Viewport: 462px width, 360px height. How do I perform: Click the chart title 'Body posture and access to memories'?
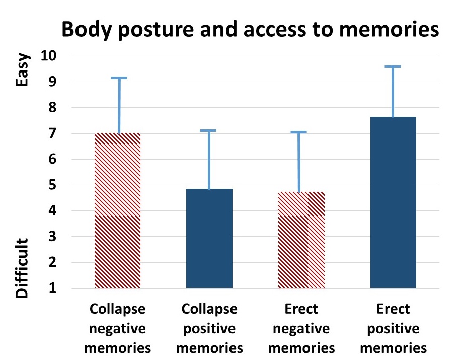point(250,30)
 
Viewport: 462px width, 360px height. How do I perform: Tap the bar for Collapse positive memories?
point(209,239)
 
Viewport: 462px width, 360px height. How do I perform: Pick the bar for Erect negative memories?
point(301,240)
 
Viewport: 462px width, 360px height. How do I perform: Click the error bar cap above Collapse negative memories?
point(119,78)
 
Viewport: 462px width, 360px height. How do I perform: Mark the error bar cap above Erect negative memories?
point(298,132)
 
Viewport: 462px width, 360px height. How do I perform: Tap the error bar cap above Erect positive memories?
point(393,66)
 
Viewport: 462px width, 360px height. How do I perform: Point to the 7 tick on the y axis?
point(53,133)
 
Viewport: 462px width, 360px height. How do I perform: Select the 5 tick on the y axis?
point(53,185)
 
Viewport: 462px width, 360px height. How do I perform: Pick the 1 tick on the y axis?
point(53,289)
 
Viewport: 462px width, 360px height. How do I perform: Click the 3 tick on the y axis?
point(53,237)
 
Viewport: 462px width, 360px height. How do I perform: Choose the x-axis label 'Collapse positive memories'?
point(209,328)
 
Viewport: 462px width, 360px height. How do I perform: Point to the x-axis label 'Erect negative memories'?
point(301,328)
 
